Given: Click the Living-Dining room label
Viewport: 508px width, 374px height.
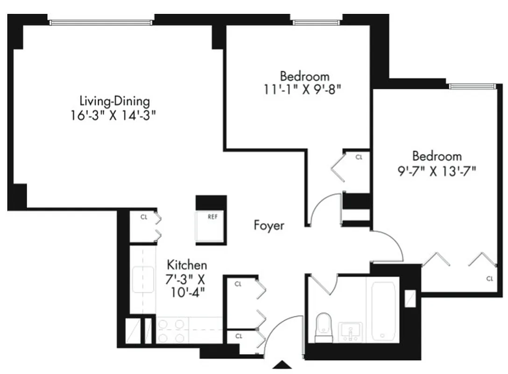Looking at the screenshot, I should pyautogui.click(x=114, y=101).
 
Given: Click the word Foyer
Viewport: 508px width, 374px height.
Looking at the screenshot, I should pyautogui.click(x=269, y=225).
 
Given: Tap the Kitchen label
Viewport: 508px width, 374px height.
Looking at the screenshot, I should pyautogui.click(x=187, y=265).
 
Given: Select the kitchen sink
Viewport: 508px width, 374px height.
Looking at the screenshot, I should pyautogui.click(x=142, y=279).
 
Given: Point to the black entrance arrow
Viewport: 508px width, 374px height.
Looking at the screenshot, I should pyautogui.click(x=282, y=365).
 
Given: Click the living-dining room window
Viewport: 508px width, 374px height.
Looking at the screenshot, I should pyautogui.click(x=101, y=22).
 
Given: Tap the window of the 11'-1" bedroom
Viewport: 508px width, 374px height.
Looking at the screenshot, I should pyautogui.click(x=317, y=22).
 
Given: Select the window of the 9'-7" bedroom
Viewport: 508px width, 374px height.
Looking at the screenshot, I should pyautogui.click(x=471, y=86).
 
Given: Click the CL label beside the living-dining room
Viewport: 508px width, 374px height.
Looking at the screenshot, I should pyautogui.click(x=144, y=216).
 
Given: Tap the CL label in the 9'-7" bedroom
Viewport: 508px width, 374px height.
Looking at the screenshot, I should pyautogui.click(x=489, y=279).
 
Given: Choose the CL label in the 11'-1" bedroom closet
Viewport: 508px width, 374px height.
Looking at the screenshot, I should pyautogui.click(x=359, y=157).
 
